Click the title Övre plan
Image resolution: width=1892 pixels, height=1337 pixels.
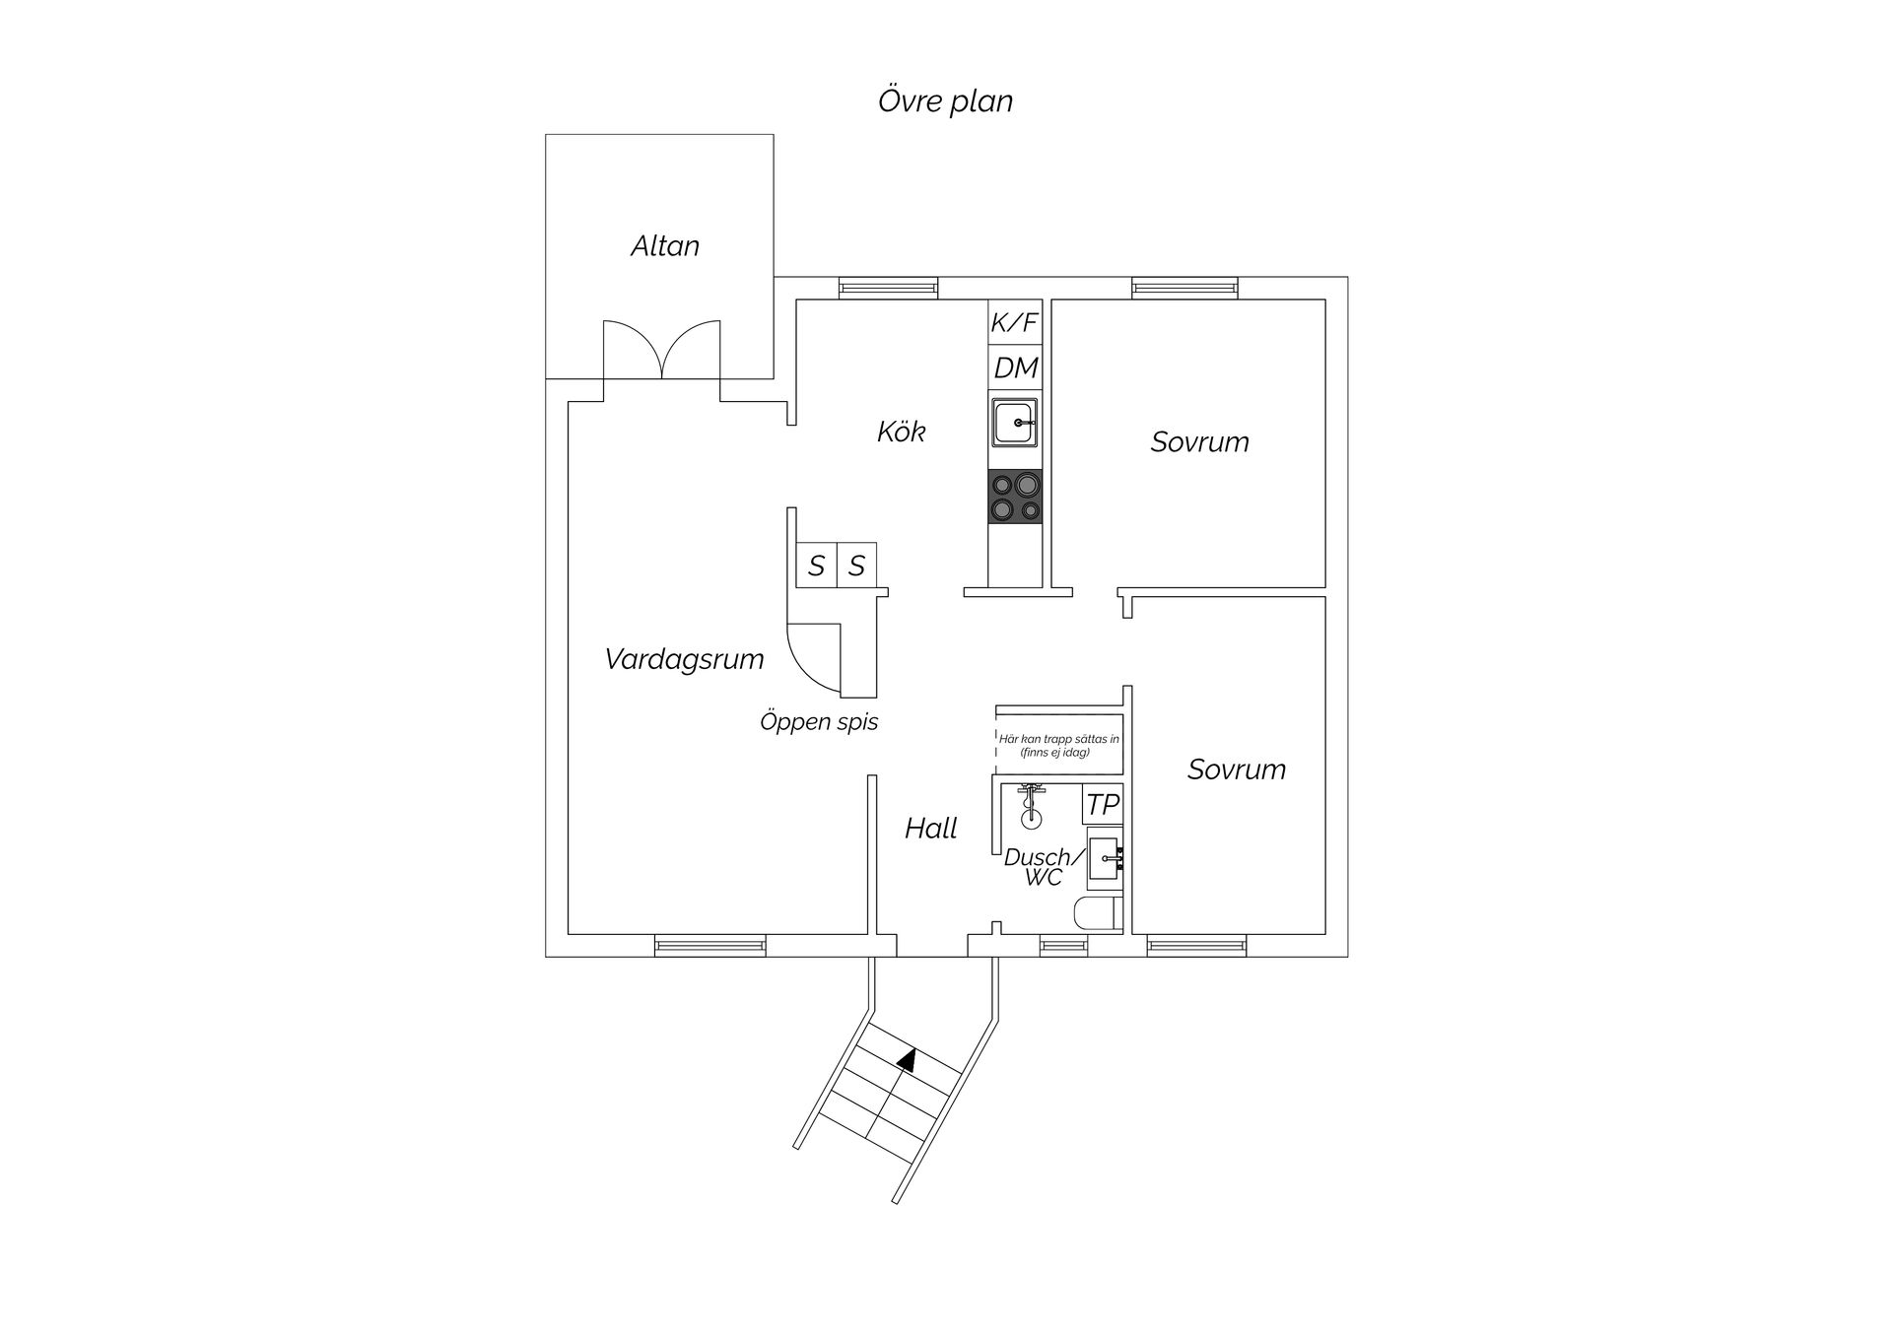tap(945, 101)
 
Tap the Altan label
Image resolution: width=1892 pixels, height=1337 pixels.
tap(665, 245)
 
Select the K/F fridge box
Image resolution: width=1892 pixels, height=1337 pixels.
tap(1014, 322)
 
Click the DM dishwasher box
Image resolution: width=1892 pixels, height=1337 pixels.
tap(1015, 368)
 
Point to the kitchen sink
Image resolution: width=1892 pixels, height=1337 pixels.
tap(1015, 422)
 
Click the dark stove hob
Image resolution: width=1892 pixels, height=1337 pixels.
tap(1015, 497)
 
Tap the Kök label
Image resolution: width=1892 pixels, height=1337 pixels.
tap(902, 432)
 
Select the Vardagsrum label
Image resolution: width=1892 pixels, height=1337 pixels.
tap(685, 659)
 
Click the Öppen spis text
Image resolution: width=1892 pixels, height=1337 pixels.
tap(819, 722)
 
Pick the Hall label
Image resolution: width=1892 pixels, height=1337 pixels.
tap(931, 829)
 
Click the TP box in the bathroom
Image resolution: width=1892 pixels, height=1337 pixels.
tap(1103, 804)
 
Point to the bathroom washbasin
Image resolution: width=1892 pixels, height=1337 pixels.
tap(1104, 859)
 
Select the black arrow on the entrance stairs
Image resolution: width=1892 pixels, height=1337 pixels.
tap(908, 1059)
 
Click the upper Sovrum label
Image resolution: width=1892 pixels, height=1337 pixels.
tap(1200, 441)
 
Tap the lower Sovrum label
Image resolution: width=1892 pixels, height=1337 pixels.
tap(1237, 769)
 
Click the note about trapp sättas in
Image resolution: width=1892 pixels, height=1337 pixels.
tap(1059, 745)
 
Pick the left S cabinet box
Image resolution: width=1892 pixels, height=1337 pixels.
tap(816, 566)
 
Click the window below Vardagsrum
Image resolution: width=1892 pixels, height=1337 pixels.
tap(710, 947)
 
